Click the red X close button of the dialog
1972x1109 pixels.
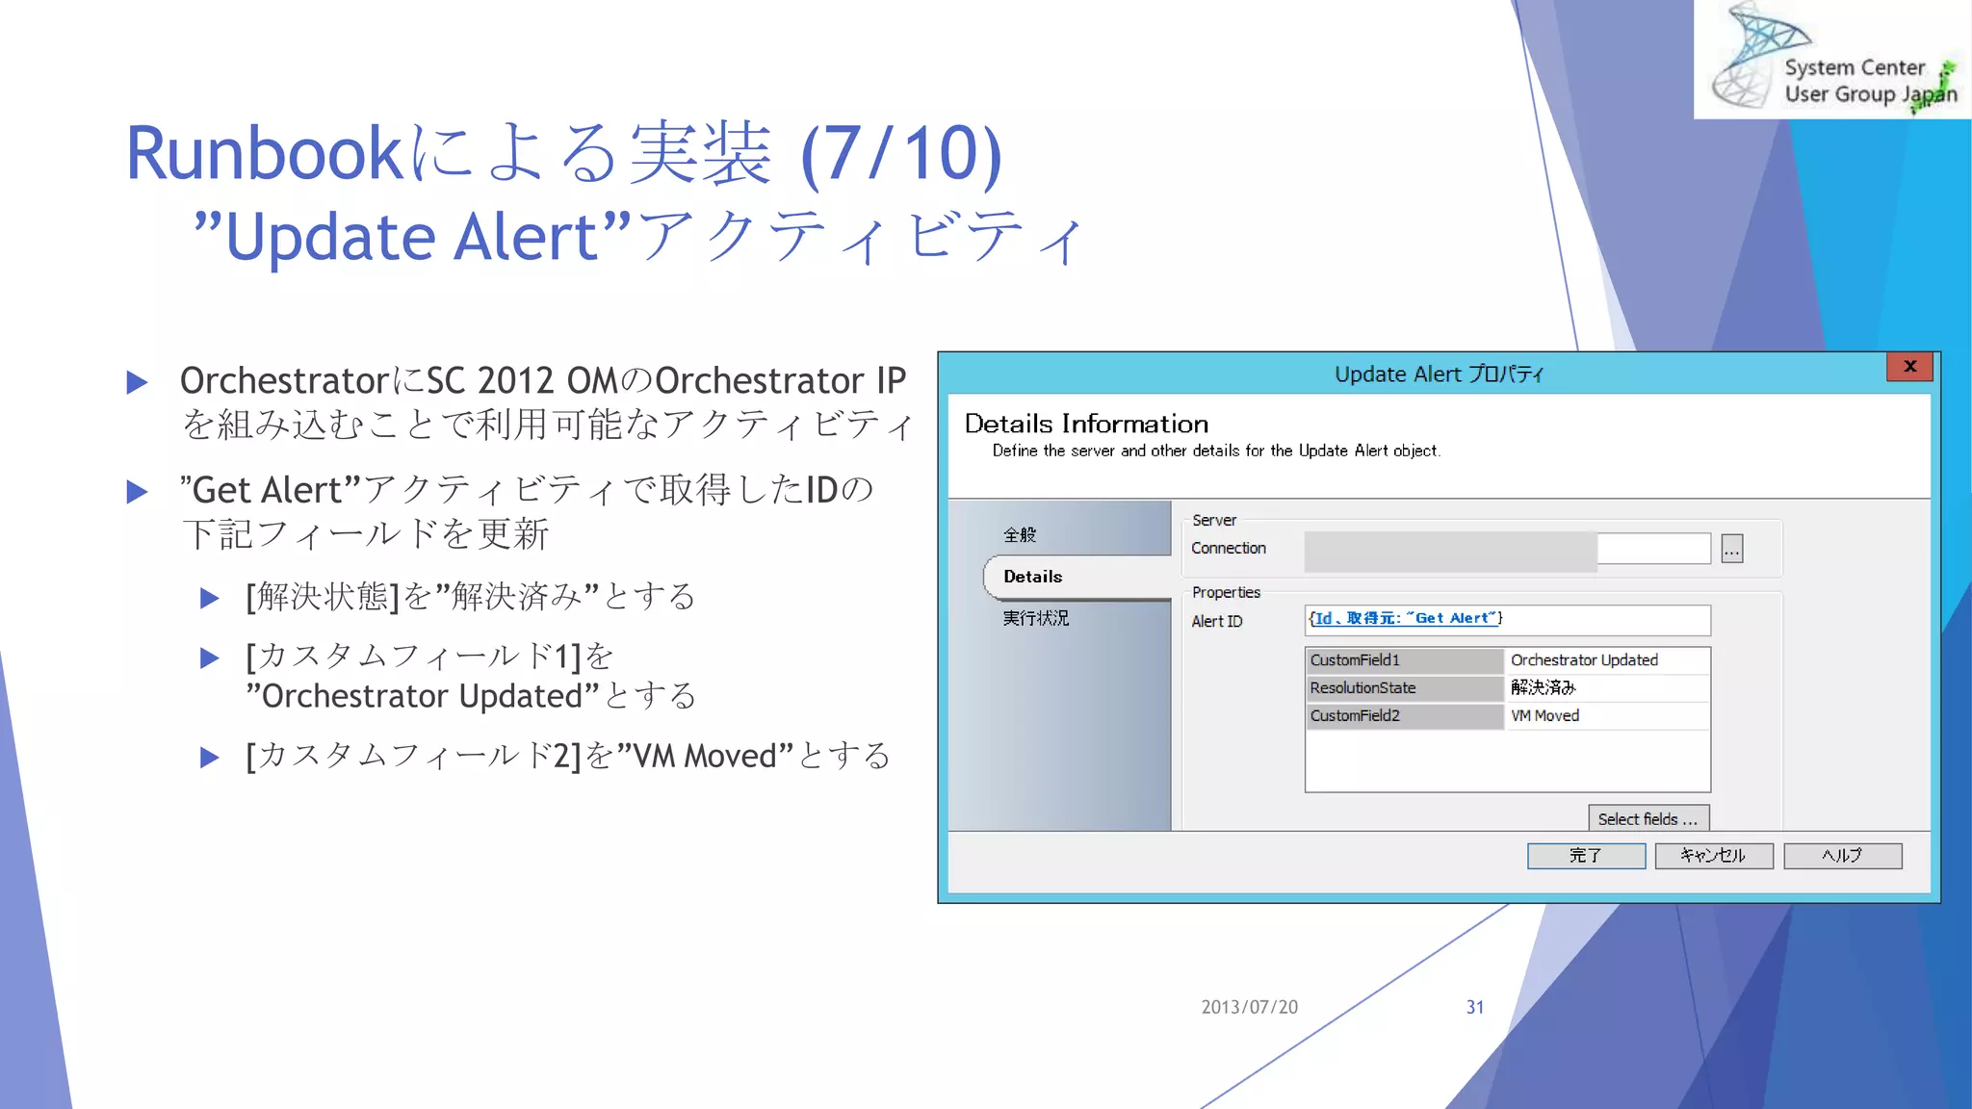pos(1909,367)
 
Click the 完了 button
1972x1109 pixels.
pos(1586,856)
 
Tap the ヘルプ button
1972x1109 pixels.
pos(1842,856)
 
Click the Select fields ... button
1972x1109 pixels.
pos(1648,819)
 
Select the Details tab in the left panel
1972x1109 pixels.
pos(1033,577)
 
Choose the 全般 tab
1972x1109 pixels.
pos(1020,535)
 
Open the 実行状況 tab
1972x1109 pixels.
pos(1036,618)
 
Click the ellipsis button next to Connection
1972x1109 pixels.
pos(1731,550)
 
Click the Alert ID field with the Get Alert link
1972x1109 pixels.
pos(1507,620)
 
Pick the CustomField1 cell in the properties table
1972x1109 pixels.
pos(1403,660)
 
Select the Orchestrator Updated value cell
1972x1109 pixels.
pos(1604,660)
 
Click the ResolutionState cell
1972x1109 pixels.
pos(1403,688)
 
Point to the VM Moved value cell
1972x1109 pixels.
pos(1604,716)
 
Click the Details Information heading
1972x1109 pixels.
pos(1086,424)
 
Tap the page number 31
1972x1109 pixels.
pos(1474,1007)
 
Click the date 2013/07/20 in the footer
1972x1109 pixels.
pos(1249,1007)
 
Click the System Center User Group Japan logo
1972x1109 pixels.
pos(1831,60)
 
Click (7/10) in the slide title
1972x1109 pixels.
pos(902,154)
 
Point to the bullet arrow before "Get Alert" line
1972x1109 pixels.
pos(138,493)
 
